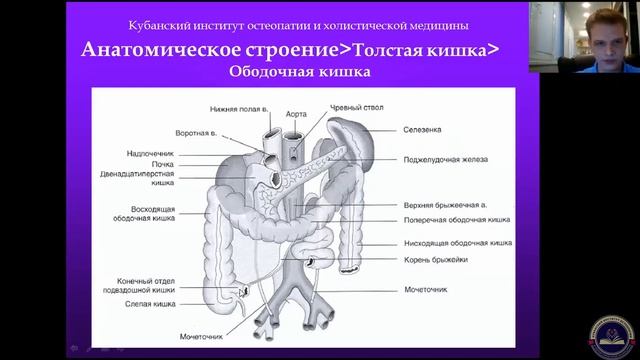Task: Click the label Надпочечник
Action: click(152, 154)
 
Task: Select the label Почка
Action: click(162, 164)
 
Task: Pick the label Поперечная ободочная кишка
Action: click(457, 219)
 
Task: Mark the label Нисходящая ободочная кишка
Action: click(458, 242)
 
